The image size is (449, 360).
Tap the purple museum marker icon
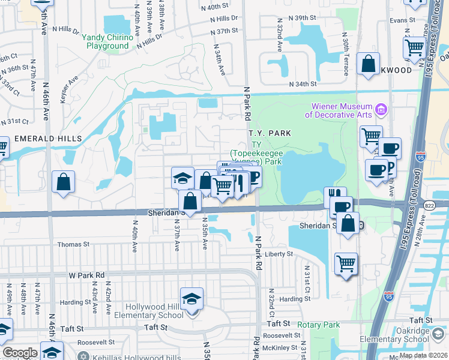pos(381,110)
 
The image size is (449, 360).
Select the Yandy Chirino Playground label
pos(107,41)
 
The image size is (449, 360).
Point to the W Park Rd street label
pos(86,275)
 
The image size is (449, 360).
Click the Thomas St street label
pos(73,245)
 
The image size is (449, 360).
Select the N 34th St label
pos(302,85)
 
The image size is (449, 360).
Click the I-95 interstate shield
pos(388,295)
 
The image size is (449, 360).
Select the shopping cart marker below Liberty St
pos(346,263)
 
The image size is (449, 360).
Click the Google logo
pos(20,353)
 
